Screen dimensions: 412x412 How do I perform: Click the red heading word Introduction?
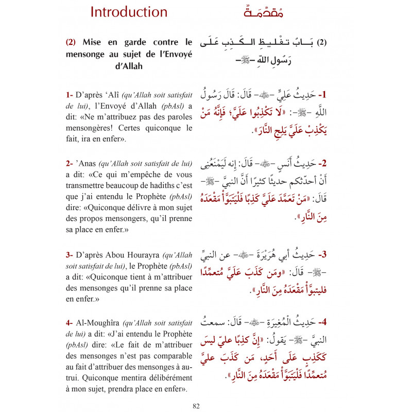[x=129, y=12]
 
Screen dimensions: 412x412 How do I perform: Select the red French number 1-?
[x=70, y=95]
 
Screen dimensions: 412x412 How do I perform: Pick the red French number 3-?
[x=70, y=240]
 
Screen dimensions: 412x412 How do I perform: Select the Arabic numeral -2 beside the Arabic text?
[x=323, y=164]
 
